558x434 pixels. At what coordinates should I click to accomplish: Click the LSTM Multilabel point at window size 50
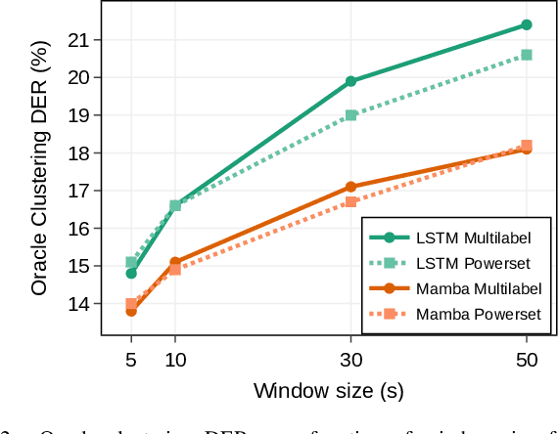(x=527, y=24)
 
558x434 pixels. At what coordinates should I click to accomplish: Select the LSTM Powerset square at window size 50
(x=527, y=55)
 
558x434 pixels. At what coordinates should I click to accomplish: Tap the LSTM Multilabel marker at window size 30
(x=351, y=81)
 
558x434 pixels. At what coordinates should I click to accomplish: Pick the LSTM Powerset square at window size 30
(x=351, y=115)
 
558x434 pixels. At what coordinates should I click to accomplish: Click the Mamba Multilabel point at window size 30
(x=351, y=187)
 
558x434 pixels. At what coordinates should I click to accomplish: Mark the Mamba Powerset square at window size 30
(x=351, y=201)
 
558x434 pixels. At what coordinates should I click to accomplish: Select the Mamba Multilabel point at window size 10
(x=175, y=262)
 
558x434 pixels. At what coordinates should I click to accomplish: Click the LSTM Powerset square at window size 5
(x=131, y=262)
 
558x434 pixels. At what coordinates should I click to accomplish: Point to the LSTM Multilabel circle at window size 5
(x=131, y=274)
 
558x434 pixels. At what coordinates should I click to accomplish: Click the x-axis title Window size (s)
(x=329, y=391)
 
